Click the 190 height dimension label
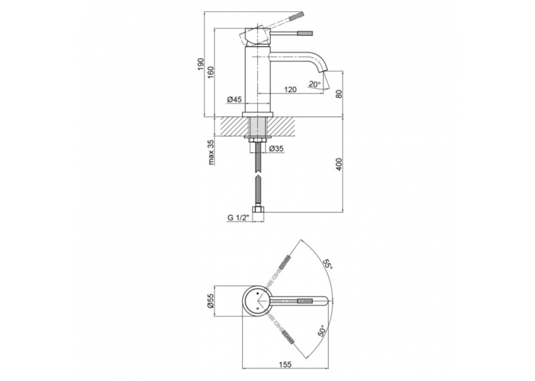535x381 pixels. (x=201, y=64)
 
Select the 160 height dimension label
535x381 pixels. (x=211, y=73)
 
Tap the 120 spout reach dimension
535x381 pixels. (x=290, y=89)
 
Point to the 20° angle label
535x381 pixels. (x=315, y=84)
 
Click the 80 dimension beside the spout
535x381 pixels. (x=338, y=94)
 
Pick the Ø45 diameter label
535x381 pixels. (x=234, y=99)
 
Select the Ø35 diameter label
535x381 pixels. (x=276, y=148)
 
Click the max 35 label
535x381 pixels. (x=211, y=152)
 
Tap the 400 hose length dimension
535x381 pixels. (x=338, y=164)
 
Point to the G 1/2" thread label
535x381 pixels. (x=239, y=218)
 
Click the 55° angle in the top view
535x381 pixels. (x=328, y=264)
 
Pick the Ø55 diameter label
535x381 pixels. (x=211, y=301)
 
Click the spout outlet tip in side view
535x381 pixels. (x=323, y=71)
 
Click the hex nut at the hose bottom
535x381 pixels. (x=258, y=210)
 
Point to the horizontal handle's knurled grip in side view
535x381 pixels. (x=305, y=33)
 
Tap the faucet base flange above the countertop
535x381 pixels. (x=258, y=114)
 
